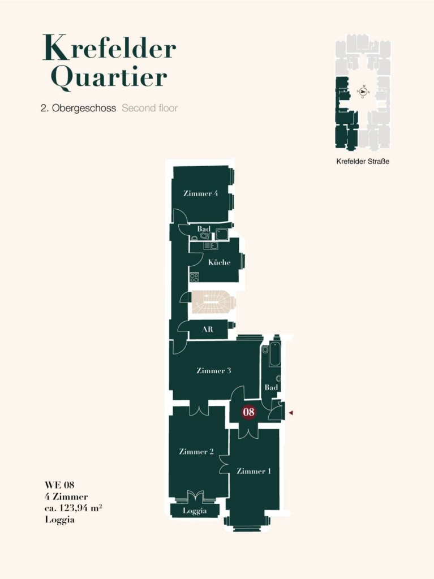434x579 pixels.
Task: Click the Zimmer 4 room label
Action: (x=200, y=193)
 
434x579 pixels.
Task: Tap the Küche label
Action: (x=219, y=262)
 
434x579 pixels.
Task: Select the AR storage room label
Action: (x=208, y=329)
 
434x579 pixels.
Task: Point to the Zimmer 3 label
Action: (x=214, y=370)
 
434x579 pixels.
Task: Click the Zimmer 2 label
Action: (x=196, y=451)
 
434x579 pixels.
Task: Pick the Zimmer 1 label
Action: (x=253, y=471)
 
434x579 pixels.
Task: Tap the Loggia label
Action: (x=195, y=511)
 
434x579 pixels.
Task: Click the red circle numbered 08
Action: (x=249, y=412)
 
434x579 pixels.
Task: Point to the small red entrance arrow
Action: (x=291, y=412)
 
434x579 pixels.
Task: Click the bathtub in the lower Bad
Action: (x=274, y=354)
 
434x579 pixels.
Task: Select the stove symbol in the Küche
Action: (x=194, y=277)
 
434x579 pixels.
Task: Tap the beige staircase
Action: (x=213, y=302)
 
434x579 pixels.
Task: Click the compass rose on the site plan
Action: (x=363, y=91)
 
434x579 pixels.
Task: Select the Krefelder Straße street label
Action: (x=363, y=161)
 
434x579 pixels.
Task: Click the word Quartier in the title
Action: (x=109, y=77)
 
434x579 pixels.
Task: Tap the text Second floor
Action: (x=150, y=108)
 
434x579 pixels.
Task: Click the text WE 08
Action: (x=59, y=485)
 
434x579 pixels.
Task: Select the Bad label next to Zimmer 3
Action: (x=271, y=387)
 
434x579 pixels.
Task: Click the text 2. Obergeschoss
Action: (x=79, y=108)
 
